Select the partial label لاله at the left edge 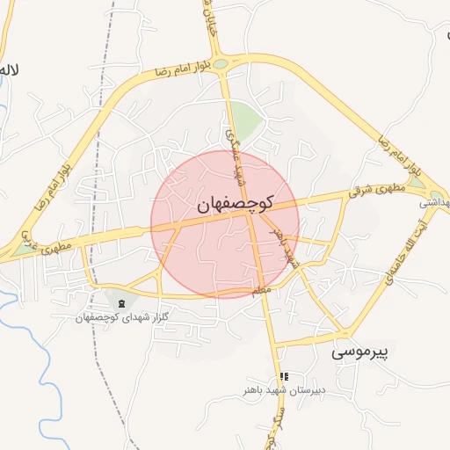(x=11, y=69)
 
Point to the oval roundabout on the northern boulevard (x=221, y=63)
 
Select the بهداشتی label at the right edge (x=435, y=203)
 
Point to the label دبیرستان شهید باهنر (x=285, y=388)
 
